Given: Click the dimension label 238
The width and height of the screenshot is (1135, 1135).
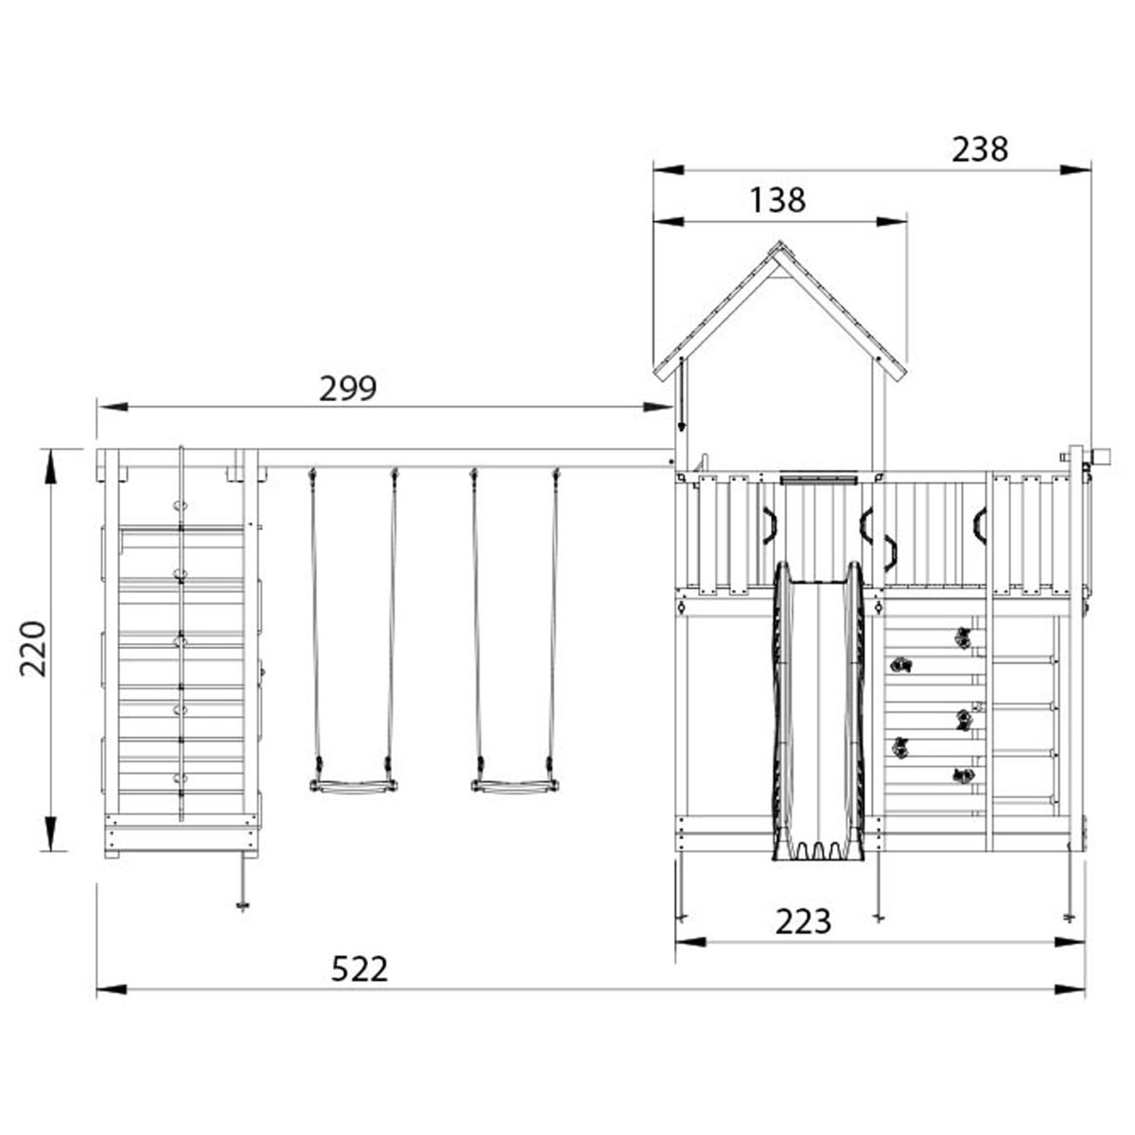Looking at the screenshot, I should [x=980, y=149].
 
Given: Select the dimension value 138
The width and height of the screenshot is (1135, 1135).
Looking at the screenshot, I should [x=777, y=200].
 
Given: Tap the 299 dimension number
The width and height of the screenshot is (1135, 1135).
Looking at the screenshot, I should [x=348, y=388].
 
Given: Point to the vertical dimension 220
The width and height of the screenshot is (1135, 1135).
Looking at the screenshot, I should [x=33, y=648].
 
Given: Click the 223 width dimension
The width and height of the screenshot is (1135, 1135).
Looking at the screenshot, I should [x=803, y=920].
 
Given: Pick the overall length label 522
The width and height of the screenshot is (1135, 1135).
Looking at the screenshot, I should [x=359, y=969].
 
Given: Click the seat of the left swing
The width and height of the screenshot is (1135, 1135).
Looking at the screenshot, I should [x=353, y=785].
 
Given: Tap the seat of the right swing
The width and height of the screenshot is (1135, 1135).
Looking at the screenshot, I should [x=514, y=785].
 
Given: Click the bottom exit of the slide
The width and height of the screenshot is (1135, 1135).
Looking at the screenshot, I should [x=819, y=851].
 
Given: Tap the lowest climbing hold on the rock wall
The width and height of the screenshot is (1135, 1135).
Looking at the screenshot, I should [x=963, y=777].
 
